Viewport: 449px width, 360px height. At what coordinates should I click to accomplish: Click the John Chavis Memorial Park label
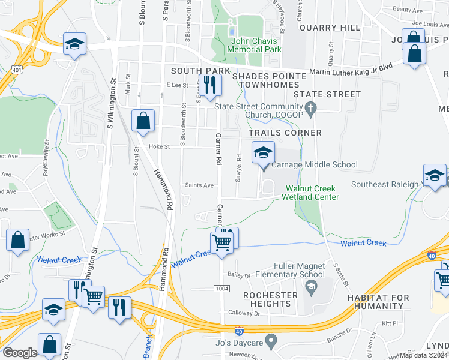(256, 46)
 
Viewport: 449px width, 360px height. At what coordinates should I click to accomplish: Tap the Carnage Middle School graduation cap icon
(262, 154)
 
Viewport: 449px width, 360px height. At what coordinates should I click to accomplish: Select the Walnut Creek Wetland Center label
(312, 193)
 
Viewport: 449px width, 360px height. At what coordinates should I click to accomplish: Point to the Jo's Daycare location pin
(271, 341)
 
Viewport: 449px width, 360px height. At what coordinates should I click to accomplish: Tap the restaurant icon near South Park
(209, 85)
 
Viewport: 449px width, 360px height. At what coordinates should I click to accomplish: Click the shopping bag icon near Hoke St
(143, 121)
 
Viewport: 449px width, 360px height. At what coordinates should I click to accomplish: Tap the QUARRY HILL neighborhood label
(330, 28)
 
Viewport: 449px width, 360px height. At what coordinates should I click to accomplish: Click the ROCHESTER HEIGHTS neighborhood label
(270, 299)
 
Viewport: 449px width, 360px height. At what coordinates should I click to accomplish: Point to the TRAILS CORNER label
(285, 133)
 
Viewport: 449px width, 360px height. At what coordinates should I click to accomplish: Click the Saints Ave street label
(199, 185)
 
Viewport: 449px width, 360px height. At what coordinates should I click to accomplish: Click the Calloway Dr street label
(244, 313)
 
